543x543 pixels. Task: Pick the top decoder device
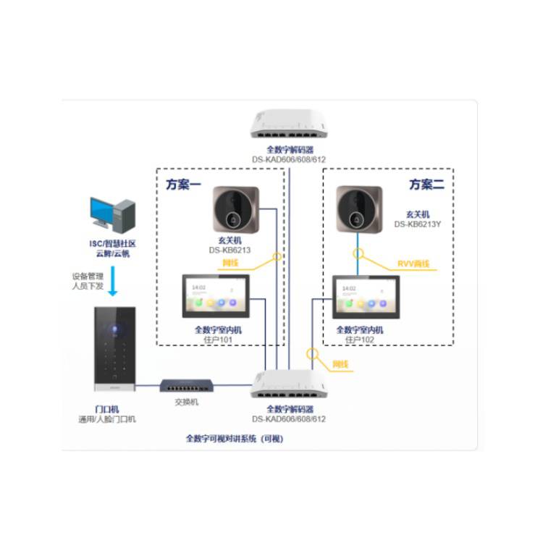(x=289, y=125)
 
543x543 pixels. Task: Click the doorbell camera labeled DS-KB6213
(x=236, y=209)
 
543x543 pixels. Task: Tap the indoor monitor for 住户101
(x=216, y=297)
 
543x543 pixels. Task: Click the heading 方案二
(x=426, y=185)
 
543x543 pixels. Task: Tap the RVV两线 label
(x=413, y=264)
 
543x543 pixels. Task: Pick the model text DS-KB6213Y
(x=417, y=224)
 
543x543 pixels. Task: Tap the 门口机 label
(x=106, y=409)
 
